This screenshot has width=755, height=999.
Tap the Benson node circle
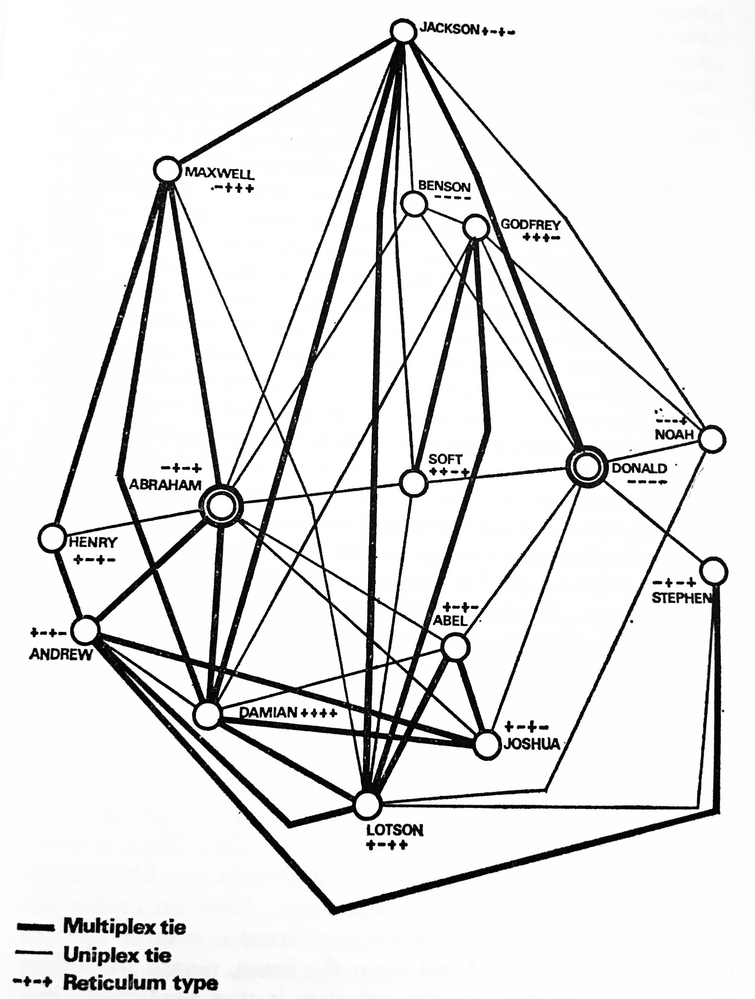click(x=414, y=204)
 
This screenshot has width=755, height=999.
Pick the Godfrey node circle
click(x=476, y=227)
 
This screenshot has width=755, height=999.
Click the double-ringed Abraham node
click(x=222, y=507)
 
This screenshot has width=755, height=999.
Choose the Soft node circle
click(x=413, y=482)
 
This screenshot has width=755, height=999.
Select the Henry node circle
click(x=52, y=538)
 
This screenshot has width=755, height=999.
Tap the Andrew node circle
click(x=86, y=630)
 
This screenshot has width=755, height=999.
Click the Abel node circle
click(x=455, y=647)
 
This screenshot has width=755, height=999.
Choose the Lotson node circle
click(x=368, y=804)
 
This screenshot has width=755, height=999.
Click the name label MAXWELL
click(x=220, y=173)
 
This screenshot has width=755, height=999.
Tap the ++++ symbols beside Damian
click(x=318, y=713)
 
